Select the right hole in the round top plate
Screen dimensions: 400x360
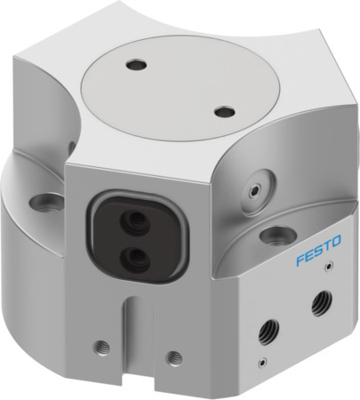pyautogui.click(x=225, y=113)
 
